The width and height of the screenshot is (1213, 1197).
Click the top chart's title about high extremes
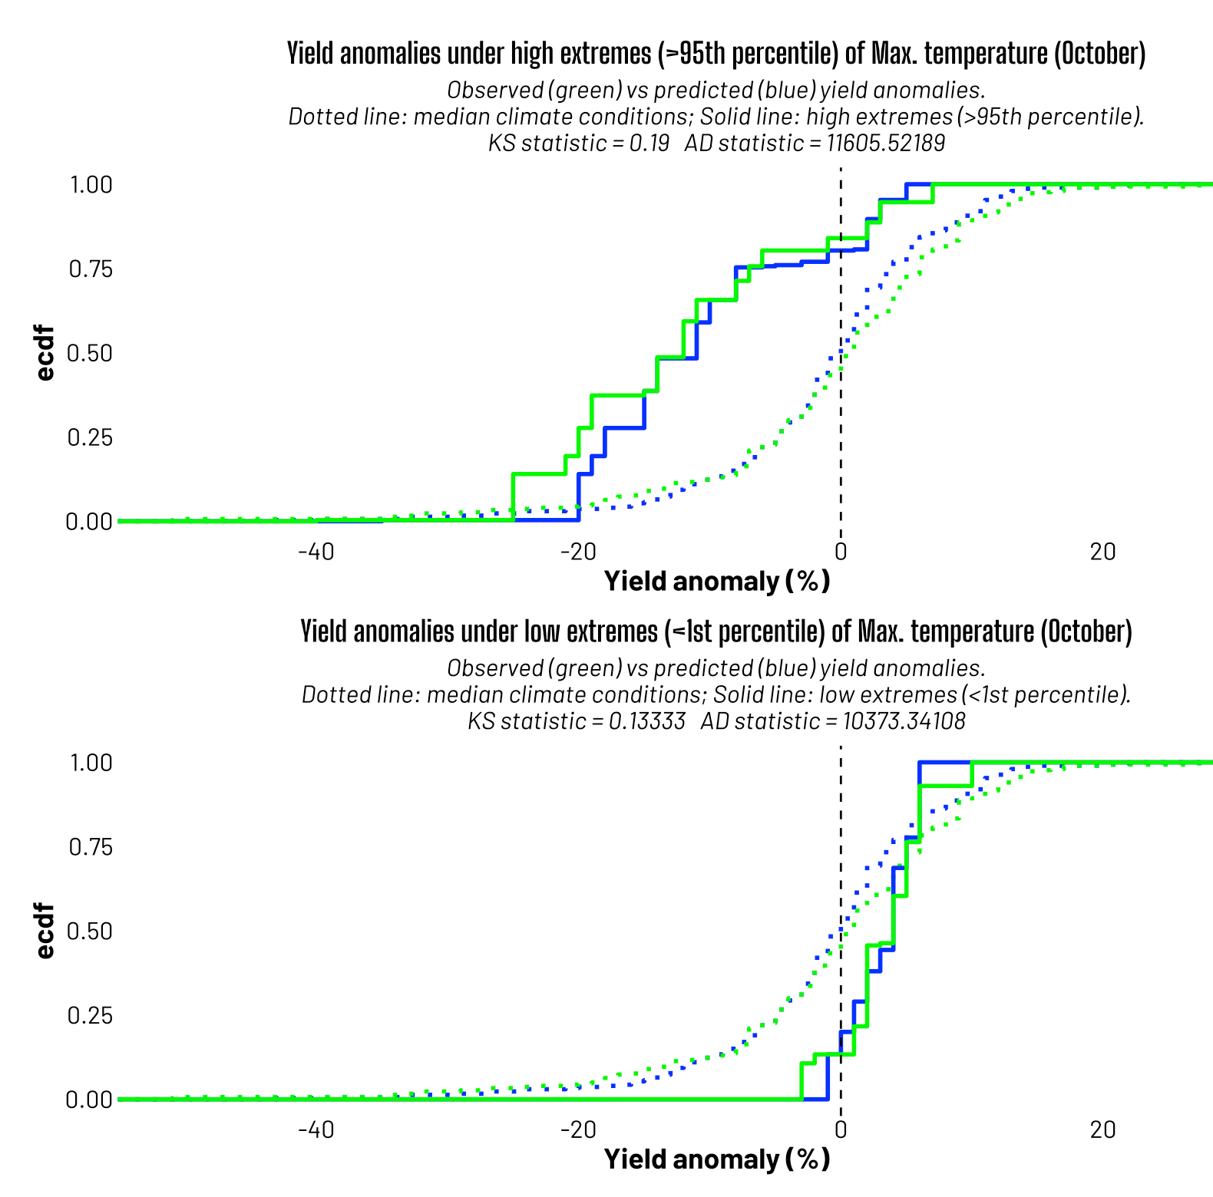click(716, 54)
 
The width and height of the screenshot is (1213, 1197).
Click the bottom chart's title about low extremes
click(716, 631)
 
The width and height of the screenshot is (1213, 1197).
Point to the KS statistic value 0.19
click(649, 143)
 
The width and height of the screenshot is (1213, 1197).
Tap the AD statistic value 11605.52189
click(885, 143)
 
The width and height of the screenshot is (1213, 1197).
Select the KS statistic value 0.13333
click(646, 721)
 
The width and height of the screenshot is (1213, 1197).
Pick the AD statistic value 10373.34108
click(904, 721)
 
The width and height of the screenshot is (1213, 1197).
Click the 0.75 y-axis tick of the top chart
click(91, 269)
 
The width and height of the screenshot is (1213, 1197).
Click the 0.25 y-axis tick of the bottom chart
click(91, 1015)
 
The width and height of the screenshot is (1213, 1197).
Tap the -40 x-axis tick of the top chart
click(316, 552)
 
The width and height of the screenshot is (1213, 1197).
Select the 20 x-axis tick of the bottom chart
click(1103, 1129)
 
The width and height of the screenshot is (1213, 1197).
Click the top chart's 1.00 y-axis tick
click(91, 185)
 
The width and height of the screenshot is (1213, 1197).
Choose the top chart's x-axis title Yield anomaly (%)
click(717, 581)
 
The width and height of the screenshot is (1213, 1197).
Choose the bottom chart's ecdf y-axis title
click(46, 931)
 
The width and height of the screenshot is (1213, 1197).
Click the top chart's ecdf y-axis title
click(46, 353)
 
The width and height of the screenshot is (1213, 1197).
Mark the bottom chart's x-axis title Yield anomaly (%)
click(717, 1159)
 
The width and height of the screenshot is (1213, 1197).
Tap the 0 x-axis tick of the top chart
click(841, 552)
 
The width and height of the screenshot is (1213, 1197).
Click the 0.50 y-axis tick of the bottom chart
click(91, 931)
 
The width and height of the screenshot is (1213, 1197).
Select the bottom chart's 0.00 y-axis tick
click(91, 1100)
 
